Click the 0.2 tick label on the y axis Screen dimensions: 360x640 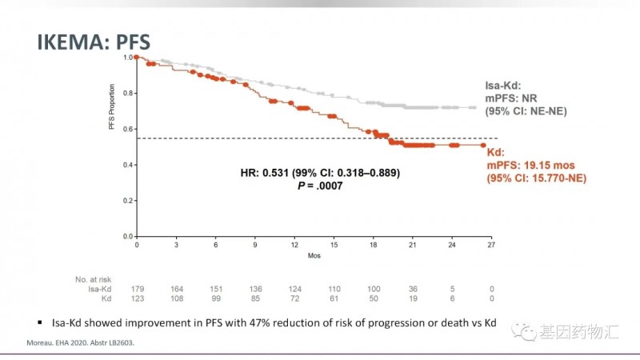tap(127, 201)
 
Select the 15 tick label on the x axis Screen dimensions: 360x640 tap(333, 245)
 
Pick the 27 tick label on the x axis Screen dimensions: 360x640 tap(490, 245)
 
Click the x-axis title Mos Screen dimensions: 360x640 tap(314, 258)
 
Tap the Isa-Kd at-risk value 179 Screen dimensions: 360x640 tap(137, 289)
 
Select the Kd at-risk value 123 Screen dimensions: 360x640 tap(137, 298)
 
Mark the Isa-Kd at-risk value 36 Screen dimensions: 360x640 tap(412, 289)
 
